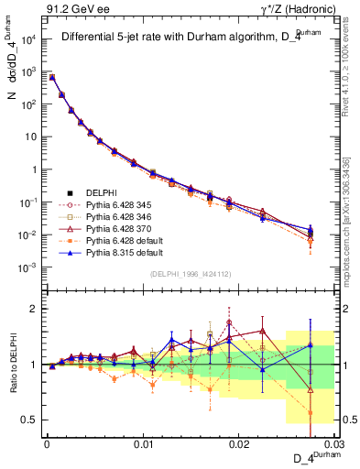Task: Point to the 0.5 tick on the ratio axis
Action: point(32,420)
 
